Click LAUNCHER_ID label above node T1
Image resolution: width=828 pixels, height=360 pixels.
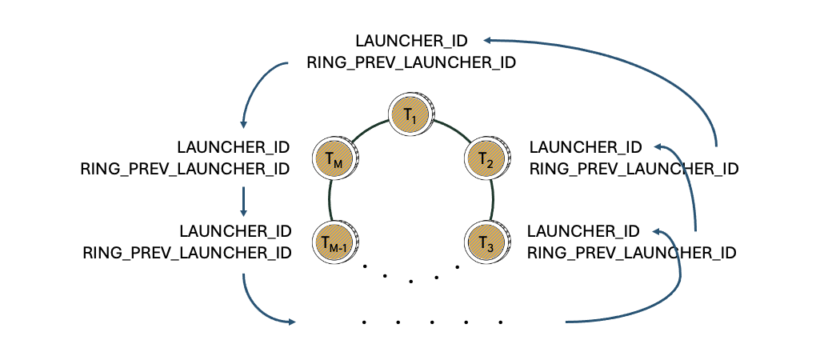pos(411,40)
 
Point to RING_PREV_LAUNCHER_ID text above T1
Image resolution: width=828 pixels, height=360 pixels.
pos(411,62)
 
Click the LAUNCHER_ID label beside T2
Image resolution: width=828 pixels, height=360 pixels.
pos(586,147)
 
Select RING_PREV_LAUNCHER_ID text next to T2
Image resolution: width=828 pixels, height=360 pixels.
pos(634,169)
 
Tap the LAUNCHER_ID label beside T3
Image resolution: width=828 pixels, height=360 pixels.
pos(584,232)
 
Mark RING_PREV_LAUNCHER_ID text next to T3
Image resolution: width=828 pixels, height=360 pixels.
pos(632,254)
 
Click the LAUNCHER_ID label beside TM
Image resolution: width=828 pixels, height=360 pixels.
pos(234,147)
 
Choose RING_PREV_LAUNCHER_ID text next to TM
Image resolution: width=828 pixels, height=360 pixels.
pos(186,169)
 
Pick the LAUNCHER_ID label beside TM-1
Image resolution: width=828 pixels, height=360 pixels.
pos(234,232)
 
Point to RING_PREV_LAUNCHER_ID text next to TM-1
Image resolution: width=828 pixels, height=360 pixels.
pos(186,254)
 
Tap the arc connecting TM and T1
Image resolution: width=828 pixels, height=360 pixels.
pos(368,130)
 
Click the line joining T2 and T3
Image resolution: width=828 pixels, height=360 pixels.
pos(490,199)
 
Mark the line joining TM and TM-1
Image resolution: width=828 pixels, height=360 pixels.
pos(329,199)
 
